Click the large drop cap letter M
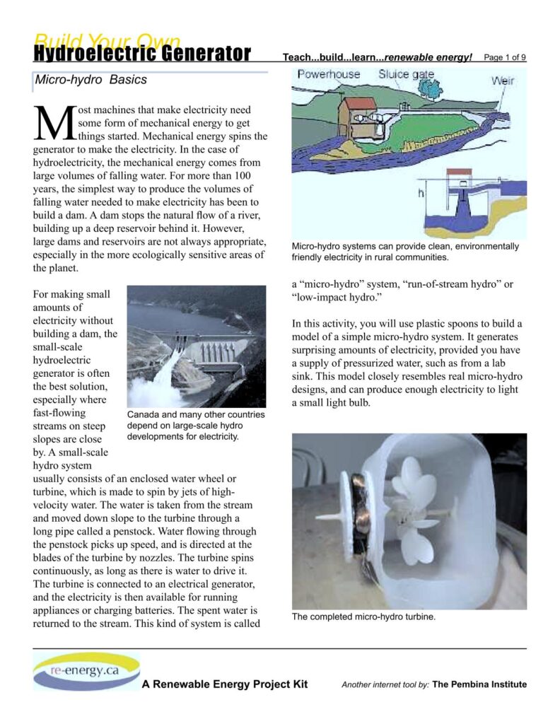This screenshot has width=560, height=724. pyautogui.click(x=54, y=124)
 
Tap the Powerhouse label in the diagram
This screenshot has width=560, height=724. pyautogui.click(x=328, y=74)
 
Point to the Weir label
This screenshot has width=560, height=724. pyautogui.click(x=503, y=81)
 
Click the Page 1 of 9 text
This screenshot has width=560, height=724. pyautogui.click(x=505, y=57)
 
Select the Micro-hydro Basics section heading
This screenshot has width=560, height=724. pyautogui.click(x=91, y=80)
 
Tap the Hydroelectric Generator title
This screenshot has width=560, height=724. pyautogui.click(x=141, y=54)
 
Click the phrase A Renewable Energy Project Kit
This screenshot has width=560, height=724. pyautogui.click(x=224, y=684)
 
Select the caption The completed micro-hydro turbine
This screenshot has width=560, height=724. pyautogui.click(x=363, y=617)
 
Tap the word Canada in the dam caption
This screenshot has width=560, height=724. pyautogui.click(x=144, y=414)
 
